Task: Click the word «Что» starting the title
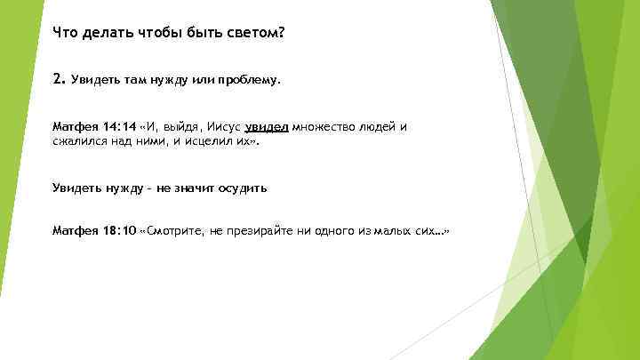pos(64,33)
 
